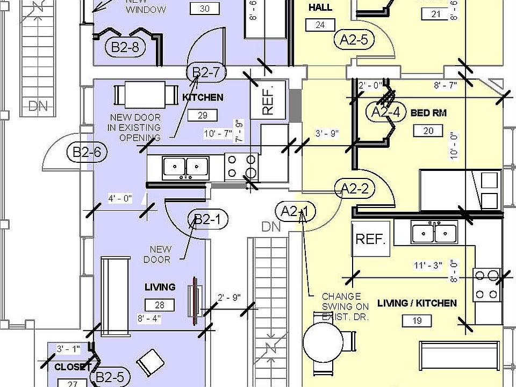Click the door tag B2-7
pos(206,73)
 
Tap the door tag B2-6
pos(87,152)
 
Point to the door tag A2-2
pos(354,188)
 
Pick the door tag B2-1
pos(207,219)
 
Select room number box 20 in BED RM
pos(428,131)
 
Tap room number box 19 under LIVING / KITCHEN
pos(417,321)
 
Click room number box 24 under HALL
pos(320,25)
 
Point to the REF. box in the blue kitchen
pos(269,98)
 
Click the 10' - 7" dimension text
pos(218,133)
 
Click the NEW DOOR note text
pos(160,254)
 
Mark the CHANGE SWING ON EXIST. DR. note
pos(345,306)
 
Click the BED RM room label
pos(428,113)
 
